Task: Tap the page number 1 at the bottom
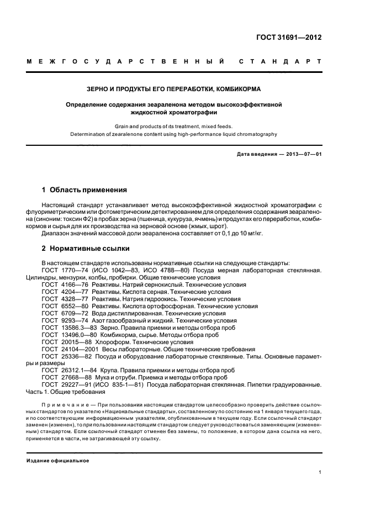coord(320,472)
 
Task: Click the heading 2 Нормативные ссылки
coord(80,248)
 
